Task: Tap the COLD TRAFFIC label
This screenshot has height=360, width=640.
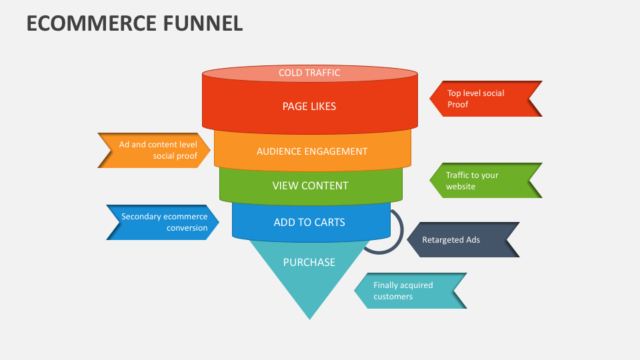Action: [309, 73]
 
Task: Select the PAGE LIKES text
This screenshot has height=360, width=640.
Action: [309, 106]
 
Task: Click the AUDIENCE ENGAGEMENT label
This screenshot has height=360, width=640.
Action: [312, 151]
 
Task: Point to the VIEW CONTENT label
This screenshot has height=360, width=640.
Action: [310, 185]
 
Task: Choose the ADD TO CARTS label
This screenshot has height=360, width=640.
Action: [309, 222]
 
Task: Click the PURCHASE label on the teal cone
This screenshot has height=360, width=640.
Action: [309, 262]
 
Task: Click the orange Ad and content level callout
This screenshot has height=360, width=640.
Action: [155, 150]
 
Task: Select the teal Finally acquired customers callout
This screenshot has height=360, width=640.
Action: [409, 291]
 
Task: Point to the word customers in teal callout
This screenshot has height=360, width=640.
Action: [393, 297]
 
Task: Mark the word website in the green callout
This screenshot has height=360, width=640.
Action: [461, 187]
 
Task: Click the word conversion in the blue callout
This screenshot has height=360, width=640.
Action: [187, 228]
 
